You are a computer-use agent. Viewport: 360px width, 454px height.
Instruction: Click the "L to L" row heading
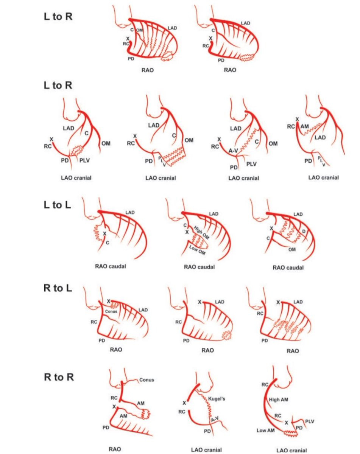58,205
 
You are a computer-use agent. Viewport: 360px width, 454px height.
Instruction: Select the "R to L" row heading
58,288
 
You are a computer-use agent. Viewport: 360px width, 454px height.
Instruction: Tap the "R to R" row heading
59,377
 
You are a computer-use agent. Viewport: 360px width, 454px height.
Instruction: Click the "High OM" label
201,233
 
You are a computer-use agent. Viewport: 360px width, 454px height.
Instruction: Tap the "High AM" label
278,400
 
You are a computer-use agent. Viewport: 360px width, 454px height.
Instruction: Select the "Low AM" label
266,431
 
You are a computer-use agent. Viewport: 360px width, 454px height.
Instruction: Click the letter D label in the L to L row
304,232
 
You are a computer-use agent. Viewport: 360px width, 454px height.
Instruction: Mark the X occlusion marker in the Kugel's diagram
184,403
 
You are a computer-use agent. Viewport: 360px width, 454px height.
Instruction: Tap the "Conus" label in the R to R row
146,380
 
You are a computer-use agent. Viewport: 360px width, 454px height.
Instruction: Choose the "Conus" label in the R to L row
111,311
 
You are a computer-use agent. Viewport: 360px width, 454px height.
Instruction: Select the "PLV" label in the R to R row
310,421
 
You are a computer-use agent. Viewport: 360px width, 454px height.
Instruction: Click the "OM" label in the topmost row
139,30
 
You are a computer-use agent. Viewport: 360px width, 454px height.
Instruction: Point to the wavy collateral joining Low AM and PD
291,433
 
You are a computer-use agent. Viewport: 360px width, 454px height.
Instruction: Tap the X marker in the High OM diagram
187,232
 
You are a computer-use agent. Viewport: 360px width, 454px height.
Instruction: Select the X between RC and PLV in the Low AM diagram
286,423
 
